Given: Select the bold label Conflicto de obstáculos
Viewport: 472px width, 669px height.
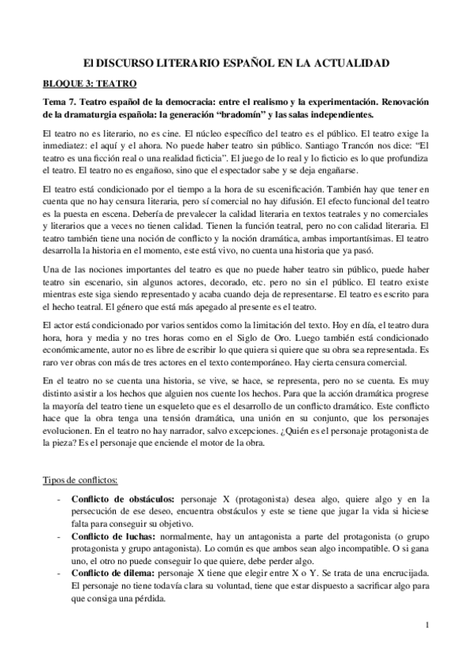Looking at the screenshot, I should [124, 499].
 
